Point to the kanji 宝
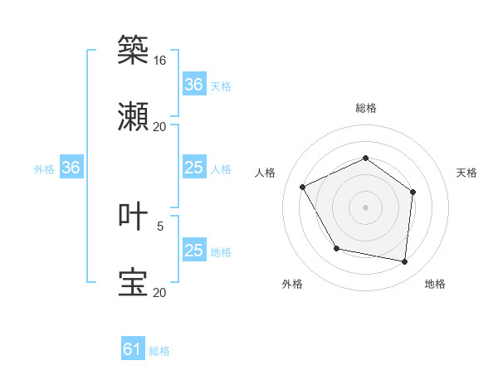(x=133, y=282)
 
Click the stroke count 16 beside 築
(x=159, y=61)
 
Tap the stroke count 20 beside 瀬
(x=159, y=127)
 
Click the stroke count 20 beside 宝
(x=159, y=292)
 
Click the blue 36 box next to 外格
(x=71, y=168)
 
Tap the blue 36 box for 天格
(x=193, y=85)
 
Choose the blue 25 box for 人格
(x=193, y=168)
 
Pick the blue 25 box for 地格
(x=193, y=251)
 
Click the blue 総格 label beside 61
(x=159, y=351)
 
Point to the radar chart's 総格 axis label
(x=365, y=108)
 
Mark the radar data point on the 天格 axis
(x=413, y=192)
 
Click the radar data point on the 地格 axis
(x=405, y=262)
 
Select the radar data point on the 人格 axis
(x=303, y=188)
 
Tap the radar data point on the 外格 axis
(x=336, y=248)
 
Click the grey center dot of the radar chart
(x=365, y=207)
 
